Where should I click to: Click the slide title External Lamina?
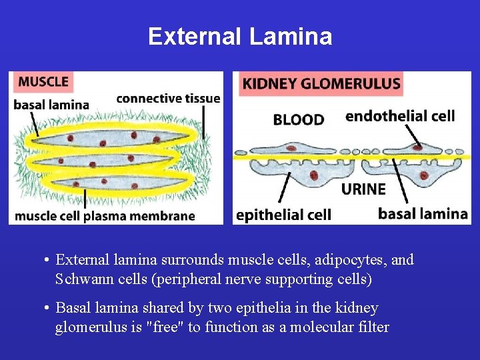240,36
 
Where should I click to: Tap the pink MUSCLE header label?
43,82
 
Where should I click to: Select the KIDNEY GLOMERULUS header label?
321,84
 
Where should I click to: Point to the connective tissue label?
168,99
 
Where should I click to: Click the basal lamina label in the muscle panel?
51,105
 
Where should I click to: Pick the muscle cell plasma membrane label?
105,216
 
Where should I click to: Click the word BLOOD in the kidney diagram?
299,120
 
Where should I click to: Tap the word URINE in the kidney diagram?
363,189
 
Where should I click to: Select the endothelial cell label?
400,116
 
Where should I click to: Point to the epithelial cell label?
284,215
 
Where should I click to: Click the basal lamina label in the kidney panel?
423,213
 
